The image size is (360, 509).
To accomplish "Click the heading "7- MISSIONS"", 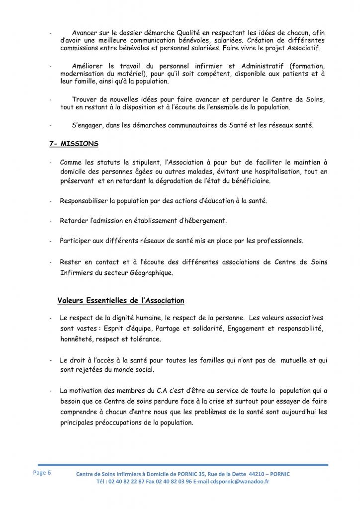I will pyautogui.click(x=74, y=144).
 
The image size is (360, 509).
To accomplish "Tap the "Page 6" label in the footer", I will pyautogui.click(x=42, y=472).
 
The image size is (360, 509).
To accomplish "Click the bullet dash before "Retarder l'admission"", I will pyautogui.click(x=51, y=221).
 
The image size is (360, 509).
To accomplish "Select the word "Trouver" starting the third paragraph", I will pyautogui.click(x=85, y=99).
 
